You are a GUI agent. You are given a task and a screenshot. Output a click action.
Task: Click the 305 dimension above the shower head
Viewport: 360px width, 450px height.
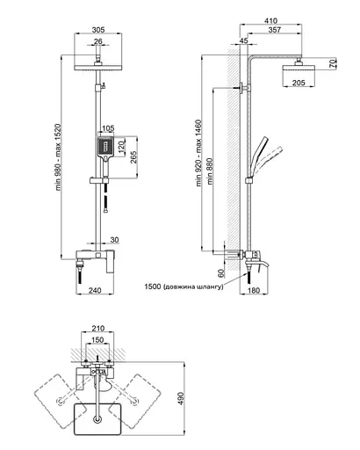(98, 30)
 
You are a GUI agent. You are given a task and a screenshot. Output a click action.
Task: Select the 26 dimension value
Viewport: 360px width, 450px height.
(98, 41)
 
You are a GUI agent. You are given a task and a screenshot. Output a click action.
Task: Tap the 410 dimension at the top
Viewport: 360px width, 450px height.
(270, 21)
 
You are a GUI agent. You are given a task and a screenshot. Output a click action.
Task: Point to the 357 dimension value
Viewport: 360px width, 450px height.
(275, 30)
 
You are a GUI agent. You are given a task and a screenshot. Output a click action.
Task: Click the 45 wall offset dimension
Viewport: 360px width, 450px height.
(243, 40)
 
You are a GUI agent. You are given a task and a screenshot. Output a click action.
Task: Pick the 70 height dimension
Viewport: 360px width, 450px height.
(334, 63)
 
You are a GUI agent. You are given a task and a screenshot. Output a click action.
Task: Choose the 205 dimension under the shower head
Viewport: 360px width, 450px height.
(299, 83)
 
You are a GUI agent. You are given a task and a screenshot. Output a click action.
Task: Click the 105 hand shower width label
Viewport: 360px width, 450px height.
(108, 128)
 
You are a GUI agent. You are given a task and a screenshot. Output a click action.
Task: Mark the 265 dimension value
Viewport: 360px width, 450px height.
(133, 157)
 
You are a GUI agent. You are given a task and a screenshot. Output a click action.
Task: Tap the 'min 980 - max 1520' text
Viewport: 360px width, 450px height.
(59, 157)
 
